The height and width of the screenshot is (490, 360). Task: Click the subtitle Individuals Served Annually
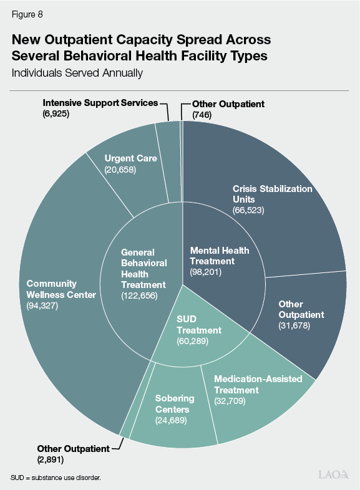tap(77, 73)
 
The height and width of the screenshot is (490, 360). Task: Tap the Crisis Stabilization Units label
tap(272, 194)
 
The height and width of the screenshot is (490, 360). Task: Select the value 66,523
tap(248, 210)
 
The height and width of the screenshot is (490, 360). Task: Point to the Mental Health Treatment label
tap(219, 256)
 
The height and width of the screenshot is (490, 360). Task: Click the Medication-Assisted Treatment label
tap(258, 384)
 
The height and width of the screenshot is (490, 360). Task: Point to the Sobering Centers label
tap(175, 404)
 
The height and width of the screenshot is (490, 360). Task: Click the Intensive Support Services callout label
tap(100, 102)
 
